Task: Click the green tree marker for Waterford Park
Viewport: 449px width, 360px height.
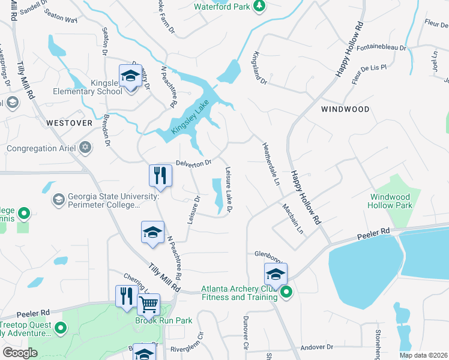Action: (259, 6)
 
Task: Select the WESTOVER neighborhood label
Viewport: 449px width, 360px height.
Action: (69, 122)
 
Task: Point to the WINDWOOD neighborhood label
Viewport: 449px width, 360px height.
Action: (345, 109)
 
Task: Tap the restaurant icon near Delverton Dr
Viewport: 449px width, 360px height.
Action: (160, 175)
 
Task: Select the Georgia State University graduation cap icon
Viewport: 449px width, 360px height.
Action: (59, 199)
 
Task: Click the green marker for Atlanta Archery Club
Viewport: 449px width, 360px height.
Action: (286, 292)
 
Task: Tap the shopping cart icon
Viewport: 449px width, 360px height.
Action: (148, 304)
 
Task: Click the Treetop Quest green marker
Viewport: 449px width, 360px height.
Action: (60, 328)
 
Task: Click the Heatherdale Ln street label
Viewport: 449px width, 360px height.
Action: (271, 163)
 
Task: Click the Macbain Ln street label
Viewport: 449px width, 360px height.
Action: (294, 218)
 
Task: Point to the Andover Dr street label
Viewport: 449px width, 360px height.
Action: (316, 347)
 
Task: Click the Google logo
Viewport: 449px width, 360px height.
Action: (20, 353)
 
